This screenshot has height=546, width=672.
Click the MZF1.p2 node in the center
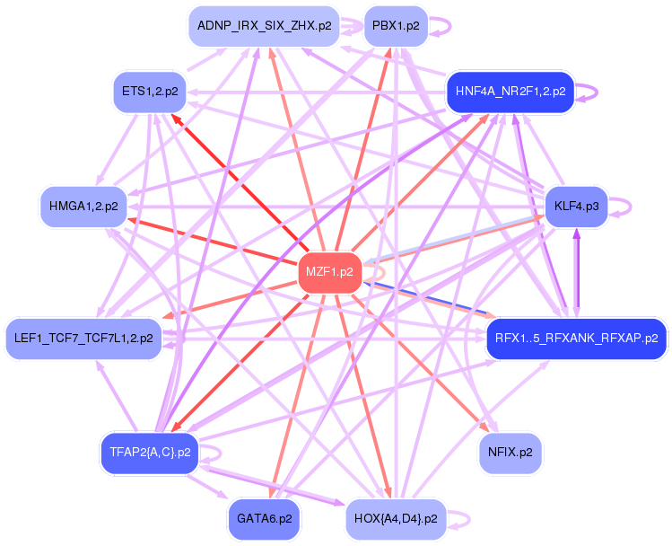329,271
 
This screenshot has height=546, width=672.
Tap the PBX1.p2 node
396,26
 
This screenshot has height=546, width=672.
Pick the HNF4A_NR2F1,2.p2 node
510,92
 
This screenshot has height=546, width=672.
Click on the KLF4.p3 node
576,207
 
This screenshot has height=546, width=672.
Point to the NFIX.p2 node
511,452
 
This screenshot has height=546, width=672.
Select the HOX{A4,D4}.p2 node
396,518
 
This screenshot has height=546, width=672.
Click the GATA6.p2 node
265,518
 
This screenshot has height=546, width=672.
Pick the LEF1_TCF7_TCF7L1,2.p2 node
83,339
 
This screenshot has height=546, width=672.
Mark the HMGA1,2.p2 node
84,207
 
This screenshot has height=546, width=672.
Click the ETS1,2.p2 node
150,92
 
